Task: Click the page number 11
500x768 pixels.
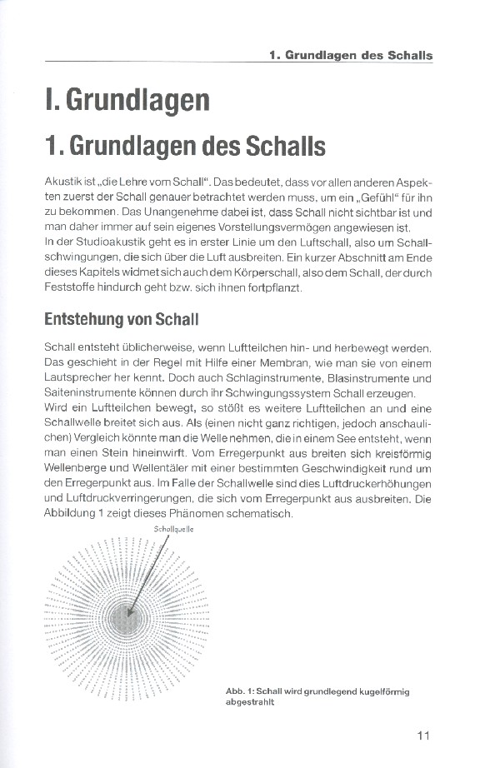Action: [x=422, y=736]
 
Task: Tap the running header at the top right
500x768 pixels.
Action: [x=351, y=56]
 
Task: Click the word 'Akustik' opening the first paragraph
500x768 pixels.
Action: [x=63, y=182]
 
